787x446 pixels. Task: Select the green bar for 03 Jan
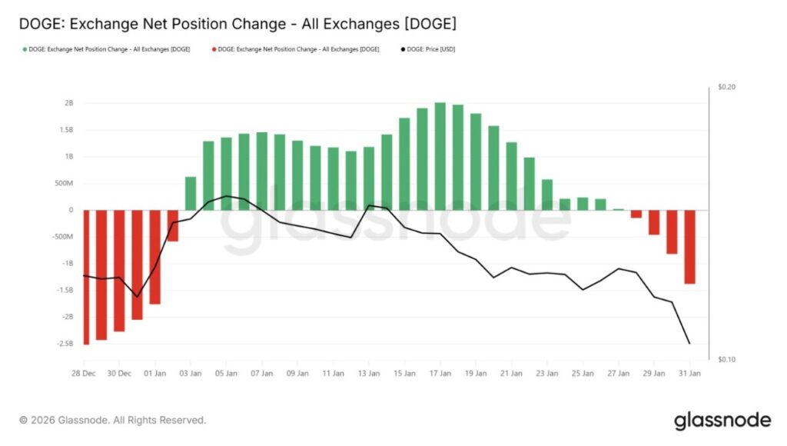point(191,193)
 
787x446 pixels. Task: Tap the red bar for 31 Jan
point(689,247)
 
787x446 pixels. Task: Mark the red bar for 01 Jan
point(155,257)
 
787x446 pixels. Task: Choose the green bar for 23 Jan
point(547,195)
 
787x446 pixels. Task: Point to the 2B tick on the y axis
point(68,103)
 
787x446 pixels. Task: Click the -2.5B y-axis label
point(65,344)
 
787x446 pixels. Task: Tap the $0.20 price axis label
point(726,88)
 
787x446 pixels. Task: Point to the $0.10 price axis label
point(726,360)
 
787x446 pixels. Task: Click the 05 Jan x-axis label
point(226,374)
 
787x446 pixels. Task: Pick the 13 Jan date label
point(368,374)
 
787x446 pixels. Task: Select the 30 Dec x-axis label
point(119,374)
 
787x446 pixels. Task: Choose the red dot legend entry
point(294,48)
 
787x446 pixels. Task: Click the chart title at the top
point(237,24)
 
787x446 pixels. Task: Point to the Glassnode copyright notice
point(113,421)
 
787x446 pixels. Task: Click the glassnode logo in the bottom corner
point(722,421)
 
